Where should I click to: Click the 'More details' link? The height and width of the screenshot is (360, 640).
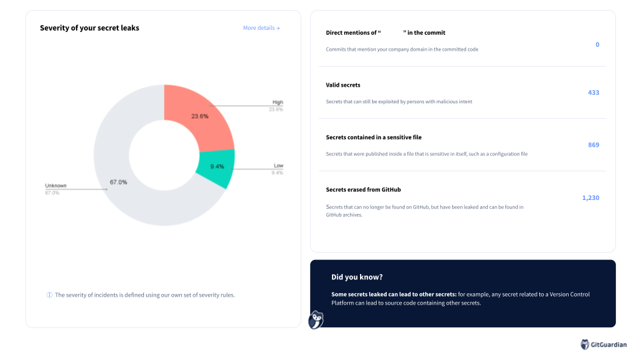click(x=261, y=28)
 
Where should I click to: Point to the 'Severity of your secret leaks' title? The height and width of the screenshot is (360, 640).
click(x=89, y=28)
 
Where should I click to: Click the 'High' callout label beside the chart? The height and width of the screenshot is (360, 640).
click(x=277, y=103)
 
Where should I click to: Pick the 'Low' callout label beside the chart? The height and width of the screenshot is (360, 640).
click(x=279, y=165)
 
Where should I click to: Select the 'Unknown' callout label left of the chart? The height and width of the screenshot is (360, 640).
click(x=56, y=185)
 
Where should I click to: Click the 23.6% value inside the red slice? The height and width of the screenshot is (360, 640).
click(x=199, y=116)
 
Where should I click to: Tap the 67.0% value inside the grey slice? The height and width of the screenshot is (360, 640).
click(x=119, y=182)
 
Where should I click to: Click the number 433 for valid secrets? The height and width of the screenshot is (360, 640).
click(x=593, y=93)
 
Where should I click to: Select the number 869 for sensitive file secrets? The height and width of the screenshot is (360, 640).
click(x=593, y=145)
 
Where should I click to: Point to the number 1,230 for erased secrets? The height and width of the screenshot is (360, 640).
click(x=591, y=198)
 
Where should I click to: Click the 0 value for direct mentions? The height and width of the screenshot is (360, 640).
click(x=597, y=45)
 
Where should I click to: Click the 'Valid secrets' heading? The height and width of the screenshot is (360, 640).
click(x=343, y=85)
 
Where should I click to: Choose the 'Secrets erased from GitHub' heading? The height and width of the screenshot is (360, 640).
click(x=363, y=189)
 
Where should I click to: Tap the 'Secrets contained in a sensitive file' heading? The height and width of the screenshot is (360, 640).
click(x=373, y=137)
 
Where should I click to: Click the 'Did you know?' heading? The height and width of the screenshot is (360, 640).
click(x=357, y=277)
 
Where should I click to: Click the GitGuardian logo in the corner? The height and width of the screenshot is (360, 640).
click(x=603, y=345)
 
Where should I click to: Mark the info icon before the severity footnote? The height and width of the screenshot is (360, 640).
click(x=49, y=295)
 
